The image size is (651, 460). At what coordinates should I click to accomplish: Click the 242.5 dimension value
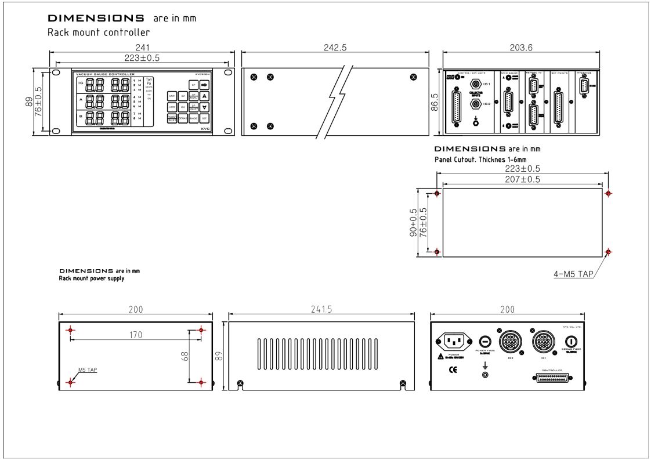click(335, 48)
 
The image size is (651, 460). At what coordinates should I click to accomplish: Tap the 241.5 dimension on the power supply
click(321, 310)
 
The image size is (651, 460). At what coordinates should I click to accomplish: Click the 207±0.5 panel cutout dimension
click(522, 180)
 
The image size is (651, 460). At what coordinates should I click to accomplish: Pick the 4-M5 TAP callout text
click(574, 274)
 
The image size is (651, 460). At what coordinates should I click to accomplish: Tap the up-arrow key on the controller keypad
click(204, 96)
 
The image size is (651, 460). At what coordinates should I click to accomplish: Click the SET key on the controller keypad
click(204, 118)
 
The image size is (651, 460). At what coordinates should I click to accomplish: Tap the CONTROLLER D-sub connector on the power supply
click(552, 378)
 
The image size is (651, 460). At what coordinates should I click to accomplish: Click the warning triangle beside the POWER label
click(441, 356)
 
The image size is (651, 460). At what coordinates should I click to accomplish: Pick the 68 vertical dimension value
click(183, 356)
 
